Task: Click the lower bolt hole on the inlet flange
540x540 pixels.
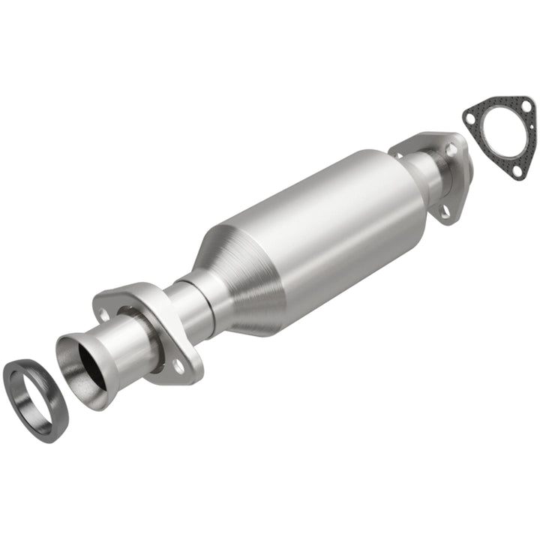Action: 178,367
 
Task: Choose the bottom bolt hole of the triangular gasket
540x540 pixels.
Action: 516,172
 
